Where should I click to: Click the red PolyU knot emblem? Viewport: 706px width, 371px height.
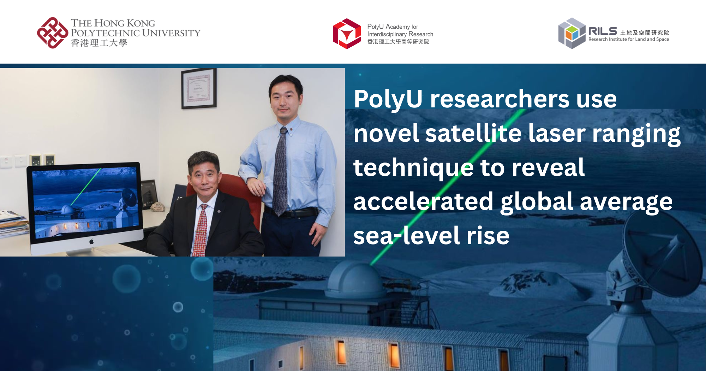pos(52,33)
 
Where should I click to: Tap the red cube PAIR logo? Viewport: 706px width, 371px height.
pos(347,34)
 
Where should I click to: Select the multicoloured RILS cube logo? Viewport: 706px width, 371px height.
pos(572,33)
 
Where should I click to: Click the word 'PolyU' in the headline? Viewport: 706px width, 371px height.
pos(388,99)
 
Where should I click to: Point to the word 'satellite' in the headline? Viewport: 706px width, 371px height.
pos(473,133)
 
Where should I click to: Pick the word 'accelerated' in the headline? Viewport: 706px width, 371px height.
pos(423,201)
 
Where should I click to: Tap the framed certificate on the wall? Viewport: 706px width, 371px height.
pos(199,88)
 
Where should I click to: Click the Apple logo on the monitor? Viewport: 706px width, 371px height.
pos(91,241)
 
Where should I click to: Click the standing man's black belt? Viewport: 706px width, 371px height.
pos(293,213)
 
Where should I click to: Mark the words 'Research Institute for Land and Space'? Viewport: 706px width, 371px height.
pos(628,40)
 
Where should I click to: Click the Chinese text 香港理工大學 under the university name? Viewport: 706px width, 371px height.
pos(99,43)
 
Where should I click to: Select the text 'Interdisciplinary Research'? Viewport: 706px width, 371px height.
pos(400,34)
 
